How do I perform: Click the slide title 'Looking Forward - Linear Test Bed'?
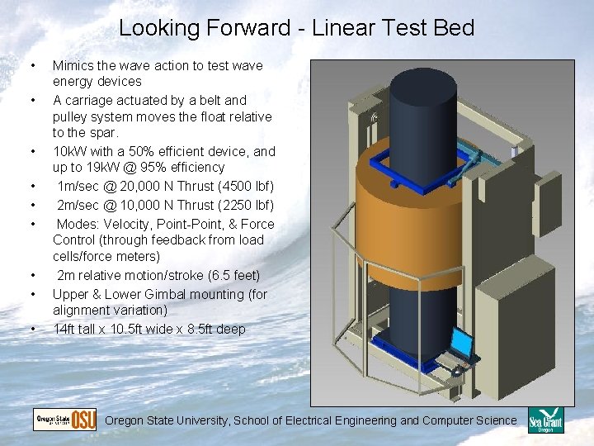click(x=296, y=28)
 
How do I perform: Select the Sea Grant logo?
click(x=545, y=420)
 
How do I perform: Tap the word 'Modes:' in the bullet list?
click(x=77, y=224)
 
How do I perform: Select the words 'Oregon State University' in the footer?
click(x=167, y=420)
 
